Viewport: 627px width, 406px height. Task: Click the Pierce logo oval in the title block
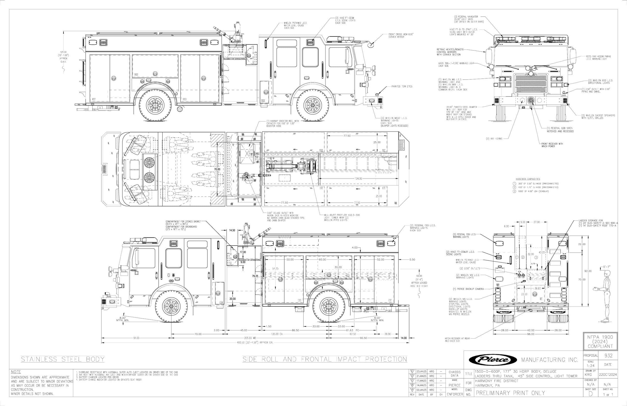493,360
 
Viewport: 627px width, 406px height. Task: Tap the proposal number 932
608,356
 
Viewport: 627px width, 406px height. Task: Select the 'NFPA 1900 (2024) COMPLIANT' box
600,342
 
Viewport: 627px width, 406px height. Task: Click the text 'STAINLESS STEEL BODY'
63,359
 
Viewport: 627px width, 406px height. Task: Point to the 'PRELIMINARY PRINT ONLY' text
510,393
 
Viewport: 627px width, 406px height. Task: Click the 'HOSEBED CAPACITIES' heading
528,179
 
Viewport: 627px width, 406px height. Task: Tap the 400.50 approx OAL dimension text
255,343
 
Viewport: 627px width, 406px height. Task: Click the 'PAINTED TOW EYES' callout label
402,87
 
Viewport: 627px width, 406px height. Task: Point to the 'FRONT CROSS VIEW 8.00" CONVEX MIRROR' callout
401,36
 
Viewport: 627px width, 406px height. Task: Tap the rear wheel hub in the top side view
155,105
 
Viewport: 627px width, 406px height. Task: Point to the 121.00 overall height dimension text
63,52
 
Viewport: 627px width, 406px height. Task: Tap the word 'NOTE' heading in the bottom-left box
16,372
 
